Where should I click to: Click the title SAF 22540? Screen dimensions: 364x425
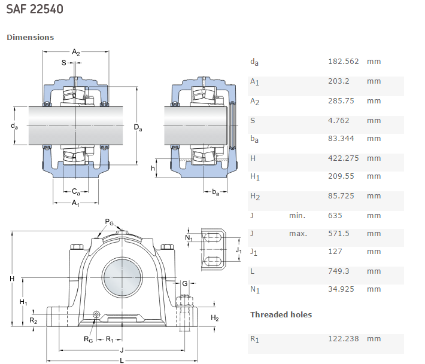coord(35,10)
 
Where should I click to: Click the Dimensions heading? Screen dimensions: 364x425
coord(30,37)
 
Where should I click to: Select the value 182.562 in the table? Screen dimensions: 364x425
coord(344,62)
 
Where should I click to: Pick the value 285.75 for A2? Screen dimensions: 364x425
coord(341,101)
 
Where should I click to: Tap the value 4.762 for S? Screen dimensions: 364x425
coord(339,121)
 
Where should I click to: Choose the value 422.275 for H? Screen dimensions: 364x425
coord(344,158)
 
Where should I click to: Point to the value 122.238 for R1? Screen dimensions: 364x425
coord(344,339)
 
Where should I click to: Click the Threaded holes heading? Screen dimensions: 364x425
coord(281,314)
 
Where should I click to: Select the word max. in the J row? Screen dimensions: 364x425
coord(297,234)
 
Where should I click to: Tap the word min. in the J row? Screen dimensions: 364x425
coord(297,216)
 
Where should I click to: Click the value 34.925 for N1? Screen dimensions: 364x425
coord(341,289)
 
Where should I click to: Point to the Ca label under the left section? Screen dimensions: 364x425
coord(76,192)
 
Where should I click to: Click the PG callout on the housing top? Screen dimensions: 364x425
coord(110,222)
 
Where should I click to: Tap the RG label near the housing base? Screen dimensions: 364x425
coord(88,340)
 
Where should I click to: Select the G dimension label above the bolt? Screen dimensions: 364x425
coord(185,283)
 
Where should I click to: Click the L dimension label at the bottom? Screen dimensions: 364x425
coord(122,360)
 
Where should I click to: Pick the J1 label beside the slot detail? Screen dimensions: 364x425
coord(238,250)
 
